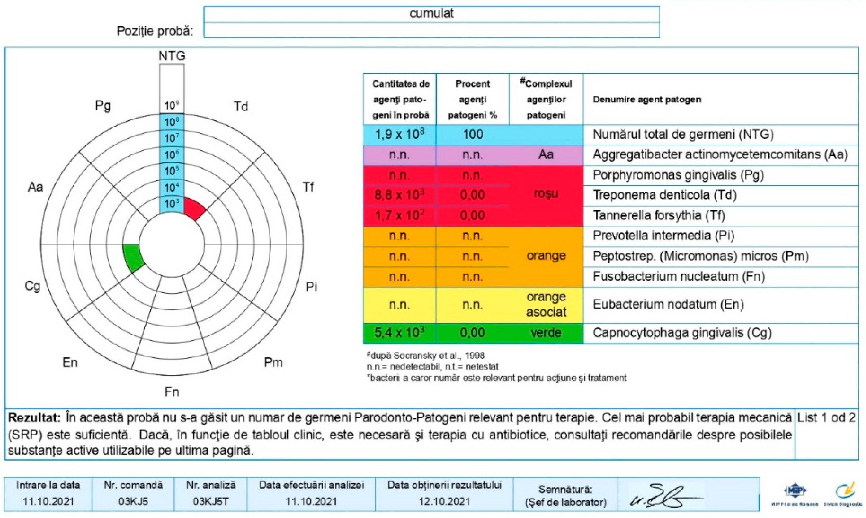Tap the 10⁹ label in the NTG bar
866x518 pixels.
coord(172,105)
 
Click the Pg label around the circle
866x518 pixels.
coord(103,105)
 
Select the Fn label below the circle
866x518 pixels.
coord(172,392)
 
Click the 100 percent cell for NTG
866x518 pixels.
coord(473,134)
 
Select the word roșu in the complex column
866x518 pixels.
coord(546,193)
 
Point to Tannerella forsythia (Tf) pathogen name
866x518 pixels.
coord(659,215)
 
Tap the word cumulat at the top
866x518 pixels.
coord(431,13)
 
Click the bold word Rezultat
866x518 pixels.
coord(34,417)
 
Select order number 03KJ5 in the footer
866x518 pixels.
coord(133,502)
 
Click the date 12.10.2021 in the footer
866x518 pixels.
coord(444,502)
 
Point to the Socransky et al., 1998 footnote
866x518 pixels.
coord(426,356)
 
